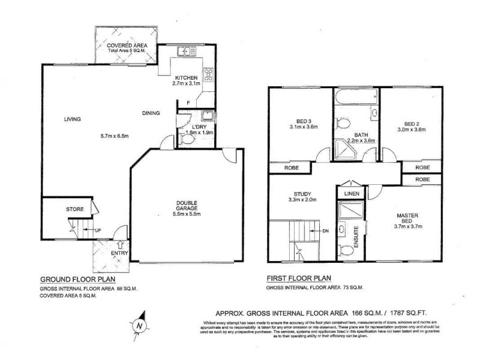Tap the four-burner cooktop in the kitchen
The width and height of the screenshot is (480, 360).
tap(209, 75)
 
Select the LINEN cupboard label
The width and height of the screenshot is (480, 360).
tap(350, 193)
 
